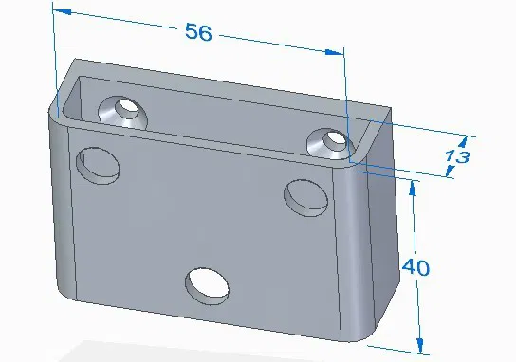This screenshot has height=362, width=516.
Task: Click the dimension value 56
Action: click(198, 31)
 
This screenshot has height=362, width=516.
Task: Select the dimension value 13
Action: click(458, 157)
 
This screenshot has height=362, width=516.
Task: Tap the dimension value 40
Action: click(415, 268)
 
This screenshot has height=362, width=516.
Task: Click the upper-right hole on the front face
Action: click(306, 196)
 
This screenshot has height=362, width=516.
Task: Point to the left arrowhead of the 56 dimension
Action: click(61, 11)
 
